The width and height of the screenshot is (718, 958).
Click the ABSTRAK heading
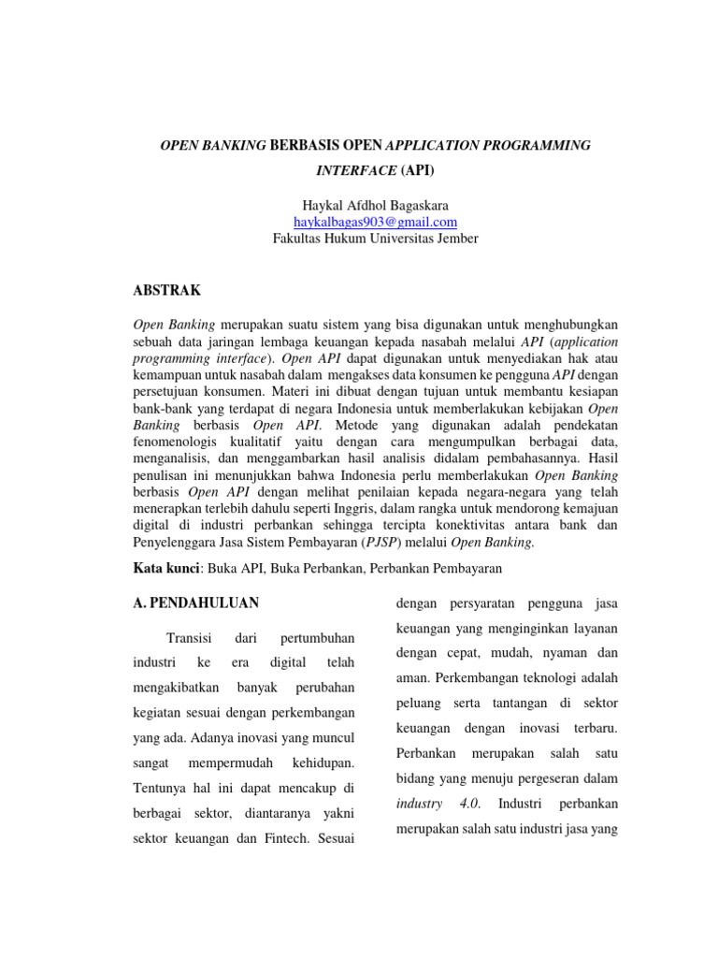click(x=167, y=291)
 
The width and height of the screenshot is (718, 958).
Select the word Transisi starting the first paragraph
click(x=191, y=638)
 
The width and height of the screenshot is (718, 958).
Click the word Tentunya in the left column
click(x=165, y=789)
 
